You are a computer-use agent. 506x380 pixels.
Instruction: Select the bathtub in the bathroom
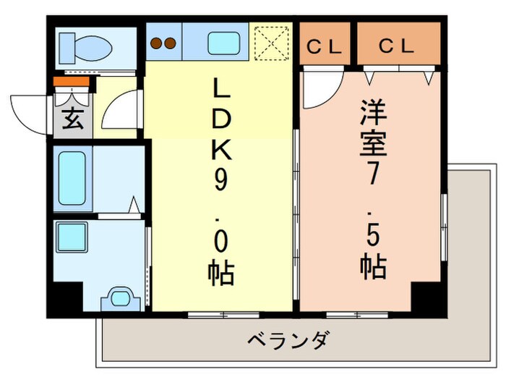pyautogui.click(x=72, y=178)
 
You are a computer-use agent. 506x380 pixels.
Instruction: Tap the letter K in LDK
pyautogui.click(x=222, y=151)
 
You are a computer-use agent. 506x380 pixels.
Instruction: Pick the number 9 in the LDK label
pyautogui.click(x=220, y=182)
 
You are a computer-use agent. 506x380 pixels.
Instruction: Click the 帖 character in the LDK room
pyautogui.click(x=220, y=273)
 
